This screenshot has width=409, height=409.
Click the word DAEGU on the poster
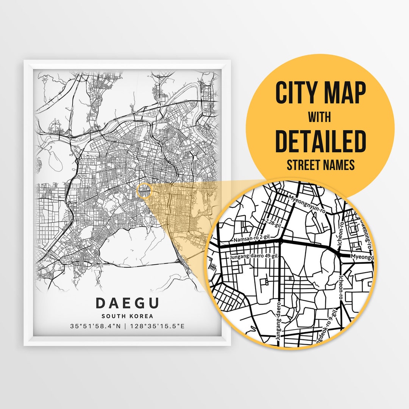(127, 303)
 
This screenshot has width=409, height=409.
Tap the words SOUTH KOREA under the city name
(127, 316)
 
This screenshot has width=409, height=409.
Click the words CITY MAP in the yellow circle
(320, 93)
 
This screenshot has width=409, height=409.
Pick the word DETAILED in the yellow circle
(320, 140)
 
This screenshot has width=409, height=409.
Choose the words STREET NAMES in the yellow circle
(320, 165)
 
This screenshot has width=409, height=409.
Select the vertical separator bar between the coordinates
(127, 326)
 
